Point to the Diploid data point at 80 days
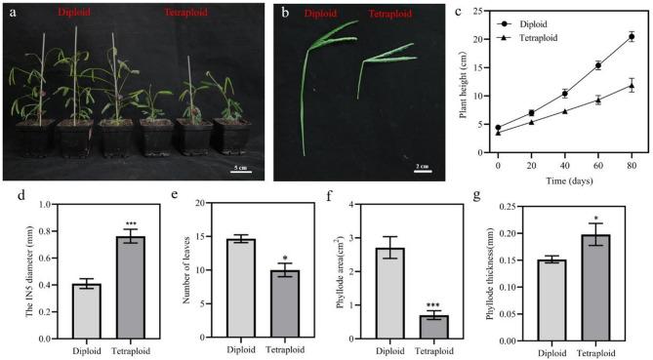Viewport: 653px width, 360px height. point(632,37)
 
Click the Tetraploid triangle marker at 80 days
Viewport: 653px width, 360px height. point(632,86)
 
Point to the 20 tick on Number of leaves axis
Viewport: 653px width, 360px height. point(202,203)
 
